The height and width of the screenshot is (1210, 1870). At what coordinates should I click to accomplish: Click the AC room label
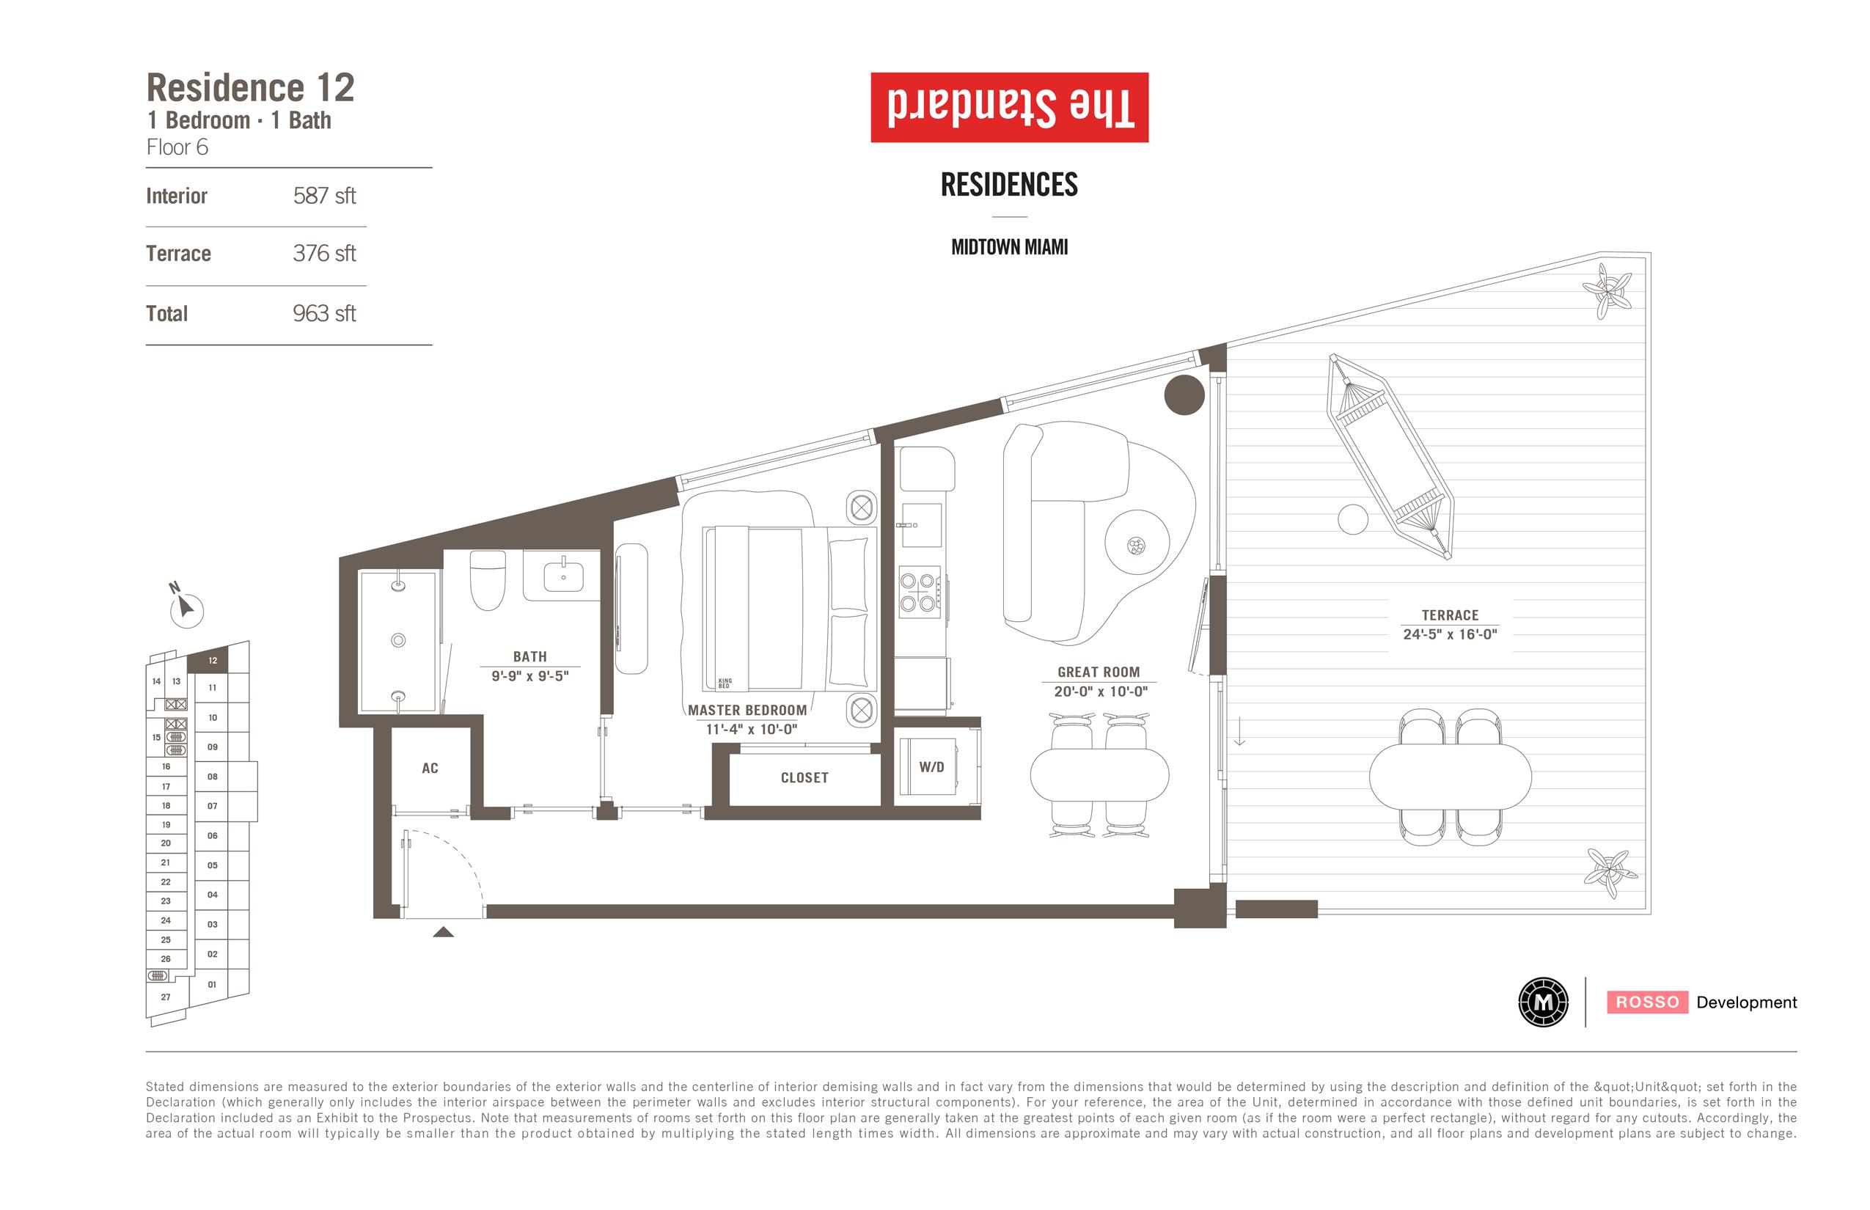(430, 769)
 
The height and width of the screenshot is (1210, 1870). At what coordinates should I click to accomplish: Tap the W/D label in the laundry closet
(932, 767)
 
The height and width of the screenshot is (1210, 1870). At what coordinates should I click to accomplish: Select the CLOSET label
(804, 778)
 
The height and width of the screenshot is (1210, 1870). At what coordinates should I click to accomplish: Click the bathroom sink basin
(563, 576)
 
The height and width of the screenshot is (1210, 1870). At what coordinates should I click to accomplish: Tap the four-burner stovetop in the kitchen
(918, 593)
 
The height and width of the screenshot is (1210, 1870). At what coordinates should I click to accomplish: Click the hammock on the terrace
(1390, 455)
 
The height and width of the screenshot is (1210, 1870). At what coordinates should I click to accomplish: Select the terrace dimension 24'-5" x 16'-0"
(1450, 634)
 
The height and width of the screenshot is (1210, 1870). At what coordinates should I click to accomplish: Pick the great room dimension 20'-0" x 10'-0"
(1100, 692)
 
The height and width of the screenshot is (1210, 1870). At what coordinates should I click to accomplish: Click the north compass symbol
(186, 607)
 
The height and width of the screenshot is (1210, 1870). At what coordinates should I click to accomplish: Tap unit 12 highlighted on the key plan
(212, 660)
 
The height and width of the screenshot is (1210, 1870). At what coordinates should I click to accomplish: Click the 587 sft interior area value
(324, 196)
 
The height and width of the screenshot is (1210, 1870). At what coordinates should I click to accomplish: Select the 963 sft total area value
(324, 314)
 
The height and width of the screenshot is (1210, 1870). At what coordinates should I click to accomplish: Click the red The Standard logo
(1010, 108)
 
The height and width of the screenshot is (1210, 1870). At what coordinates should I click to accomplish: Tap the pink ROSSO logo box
(1648, 1002)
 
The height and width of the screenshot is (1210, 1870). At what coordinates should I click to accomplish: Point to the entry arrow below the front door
(443, 932)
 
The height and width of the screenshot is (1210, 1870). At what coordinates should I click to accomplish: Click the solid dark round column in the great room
(1184, 395)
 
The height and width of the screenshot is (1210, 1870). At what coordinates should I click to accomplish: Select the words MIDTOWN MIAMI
(1010, 248)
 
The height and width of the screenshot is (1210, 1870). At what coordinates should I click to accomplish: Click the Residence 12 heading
(251, 87)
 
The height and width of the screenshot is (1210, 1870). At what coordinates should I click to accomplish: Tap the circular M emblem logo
(1543, 1002)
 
